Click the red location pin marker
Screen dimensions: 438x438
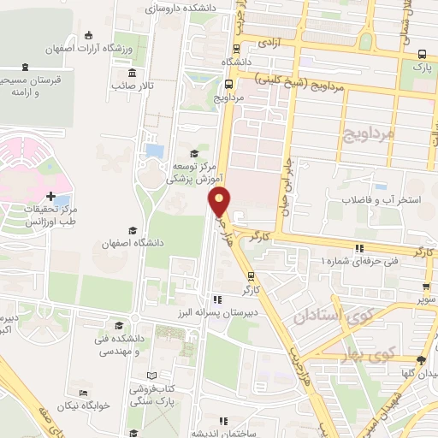(219, 203)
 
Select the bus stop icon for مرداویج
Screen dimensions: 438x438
(228, 84)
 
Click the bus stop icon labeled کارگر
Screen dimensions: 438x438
(251, 275)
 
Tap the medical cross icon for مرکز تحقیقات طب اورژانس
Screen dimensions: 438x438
(52, 197)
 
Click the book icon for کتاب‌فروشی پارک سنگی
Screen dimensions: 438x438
(151, 375)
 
